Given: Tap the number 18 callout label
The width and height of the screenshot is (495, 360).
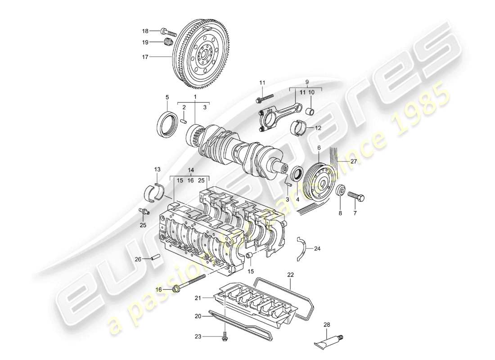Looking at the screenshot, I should click(x=145, y=31).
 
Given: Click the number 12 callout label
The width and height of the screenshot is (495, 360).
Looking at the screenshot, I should click(x=318, y=128).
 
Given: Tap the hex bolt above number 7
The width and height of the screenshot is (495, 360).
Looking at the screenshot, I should click(x=355, y=197).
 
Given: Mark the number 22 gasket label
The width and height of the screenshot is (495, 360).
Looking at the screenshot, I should click(x=291, y=274).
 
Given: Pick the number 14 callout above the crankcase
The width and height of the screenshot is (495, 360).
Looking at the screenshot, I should click(x=190, y=171).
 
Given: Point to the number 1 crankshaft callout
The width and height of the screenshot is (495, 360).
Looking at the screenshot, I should click(x=195, y=97).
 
